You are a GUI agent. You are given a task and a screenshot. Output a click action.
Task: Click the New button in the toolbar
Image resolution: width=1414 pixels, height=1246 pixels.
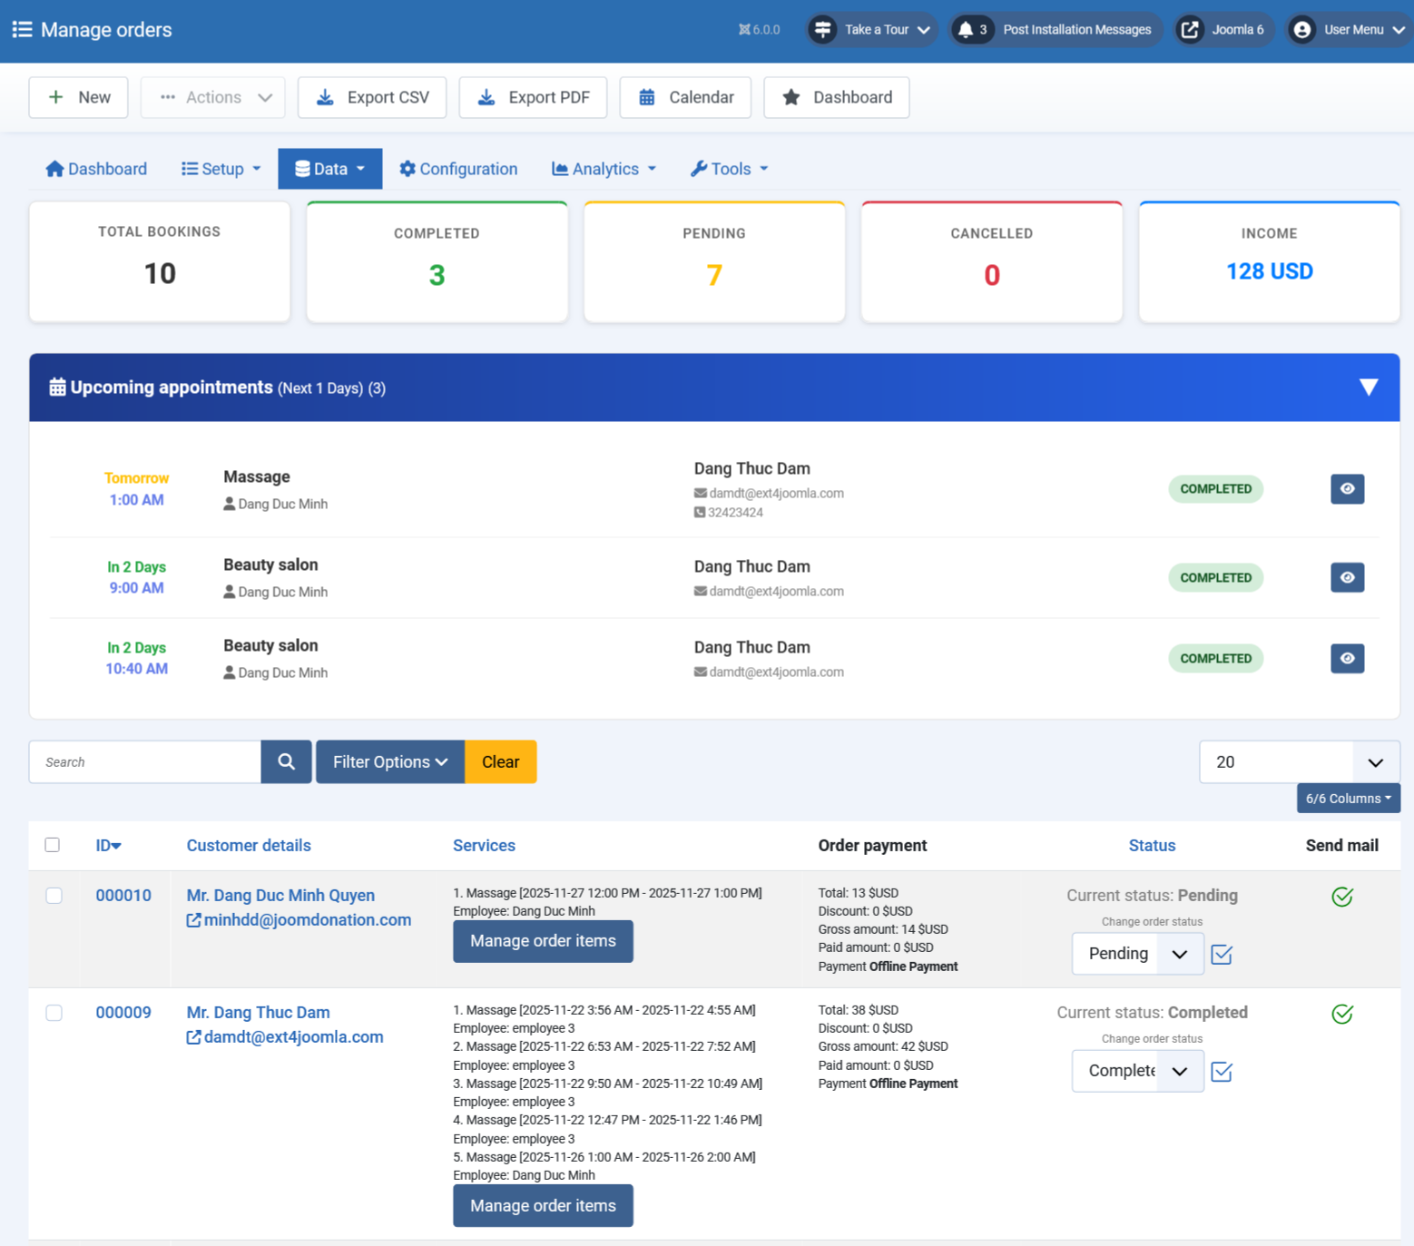(79, 97)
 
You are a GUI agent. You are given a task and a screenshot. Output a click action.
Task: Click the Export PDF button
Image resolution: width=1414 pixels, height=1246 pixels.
(533, 97)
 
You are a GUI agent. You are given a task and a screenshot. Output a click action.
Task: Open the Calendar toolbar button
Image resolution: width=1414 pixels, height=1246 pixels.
(685, 97)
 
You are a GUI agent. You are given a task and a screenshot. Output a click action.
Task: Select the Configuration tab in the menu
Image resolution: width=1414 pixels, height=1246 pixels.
(458, 169)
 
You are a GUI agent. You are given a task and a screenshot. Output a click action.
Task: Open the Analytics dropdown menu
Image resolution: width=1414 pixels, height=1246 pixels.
(604, 169)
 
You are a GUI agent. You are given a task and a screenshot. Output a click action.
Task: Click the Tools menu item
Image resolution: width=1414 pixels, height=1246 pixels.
(730, 169)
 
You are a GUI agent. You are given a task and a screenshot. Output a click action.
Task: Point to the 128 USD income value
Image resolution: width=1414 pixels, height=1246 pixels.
(1269, 271)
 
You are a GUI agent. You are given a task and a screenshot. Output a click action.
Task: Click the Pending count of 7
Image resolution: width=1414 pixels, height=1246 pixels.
(714, 275)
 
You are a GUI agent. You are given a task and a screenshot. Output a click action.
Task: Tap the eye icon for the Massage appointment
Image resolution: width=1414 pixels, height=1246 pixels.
(1347, 489)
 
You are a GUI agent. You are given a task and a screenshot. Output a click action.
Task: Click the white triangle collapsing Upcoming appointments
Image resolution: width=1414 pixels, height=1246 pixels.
(1369, 388)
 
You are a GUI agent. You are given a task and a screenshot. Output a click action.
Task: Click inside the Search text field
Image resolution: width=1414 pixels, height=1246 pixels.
(145, 762)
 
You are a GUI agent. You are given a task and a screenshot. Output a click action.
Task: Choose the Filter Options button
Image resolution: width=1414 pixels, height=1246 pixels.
(390, 762)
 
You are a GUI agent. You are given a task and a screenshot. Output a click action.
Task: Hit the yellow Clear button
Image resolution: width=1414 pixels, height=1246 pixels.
(501, 762)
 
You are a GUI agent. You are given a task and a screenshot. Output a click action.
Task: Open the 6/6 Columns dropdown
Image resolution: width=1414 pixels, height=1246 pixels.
(1348, 799)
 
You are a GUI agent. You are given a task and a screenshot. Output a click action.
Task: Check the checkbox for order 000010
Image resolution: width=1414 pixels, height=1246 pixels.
(54, 896)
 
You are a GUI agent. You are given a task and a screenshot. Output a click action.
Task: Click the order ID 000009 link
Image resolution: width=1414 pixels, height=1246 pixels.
(123, 1013)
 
